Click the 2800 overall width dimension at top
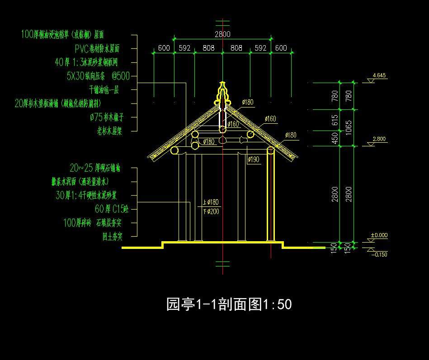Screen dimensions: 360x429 [x=222, y=34]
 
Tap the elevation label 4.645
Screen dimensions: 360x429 [x=379, y=75]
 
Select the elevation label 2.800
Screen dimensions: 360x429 [x=379, y=139]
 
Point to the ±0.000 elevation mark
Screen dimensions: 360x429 [x=379, y=235]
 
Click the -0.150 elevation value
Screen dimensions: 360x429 [x=379, y=254]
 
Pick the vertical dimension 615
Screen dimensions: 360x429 [x=335, y=120]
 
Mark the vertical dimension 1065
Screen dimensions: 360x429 [x=348, y=127]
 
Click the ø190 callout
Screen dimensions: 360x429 [x=254, y=159]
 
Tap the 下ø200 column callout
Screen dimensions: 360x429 [x=211, y=211]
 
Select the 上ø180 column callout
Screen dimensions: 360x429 [x=211, y=202]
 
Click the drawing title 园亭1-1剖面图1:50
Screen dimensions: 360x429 [x=229, y=304]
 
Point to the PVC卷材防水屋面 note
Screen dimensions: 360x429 [x=99, y=48]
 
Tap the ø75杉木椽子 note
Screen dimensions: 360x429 [x=107, y=117]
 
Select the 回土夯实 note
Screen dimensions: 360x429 [x=113, y=236]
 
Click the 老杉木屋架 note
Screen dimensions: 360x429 [x=110, y=131]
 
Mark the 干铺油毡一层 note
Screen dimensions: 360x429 [x=104, y=90]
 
